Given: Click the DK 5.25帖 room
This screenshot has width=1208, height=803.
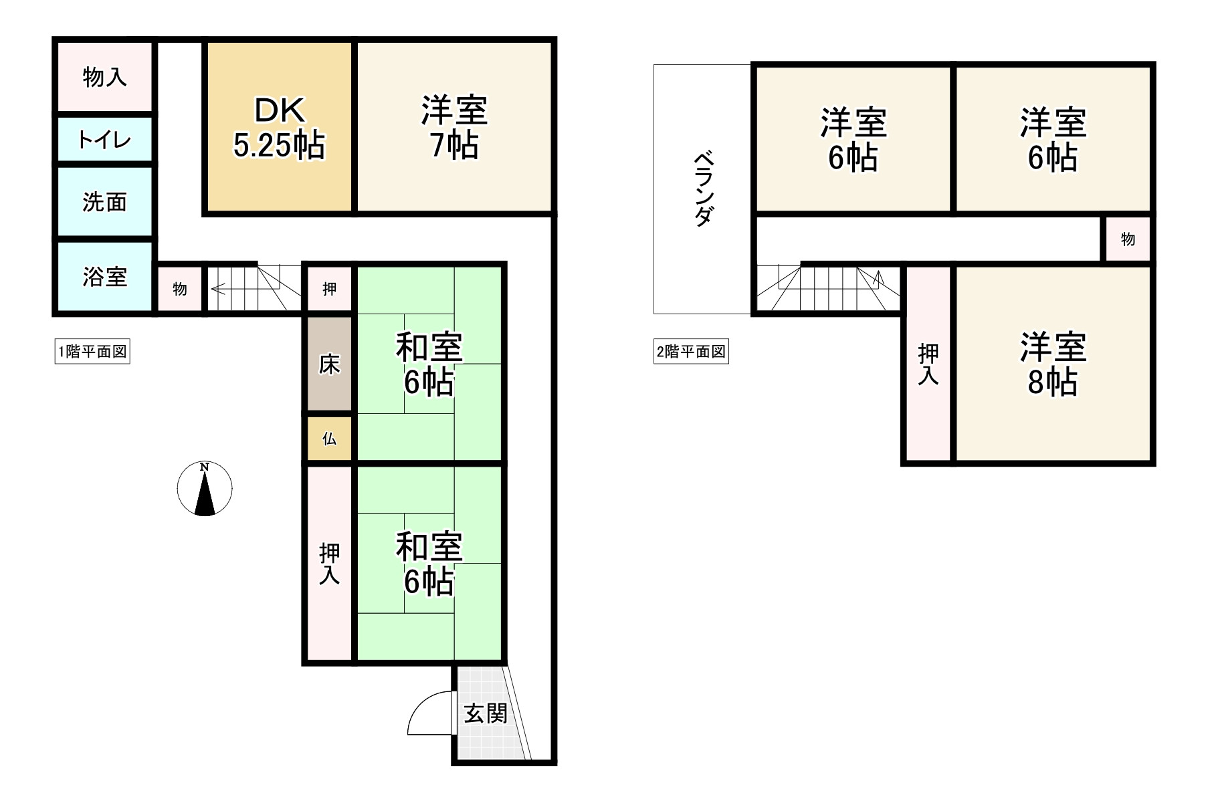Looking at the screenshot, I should [278, 127].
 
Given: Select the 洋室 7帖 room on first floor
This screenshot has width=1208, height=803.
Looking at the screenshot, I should [454, 127].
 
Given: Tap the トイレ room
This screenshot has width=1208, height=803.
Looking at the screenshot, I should [104, 140].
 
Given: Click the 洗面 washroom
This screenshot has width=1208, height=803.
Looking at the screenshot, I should [104, 201].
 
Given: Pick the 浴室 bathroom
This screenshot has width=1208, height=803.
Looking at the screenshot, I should [104, 276].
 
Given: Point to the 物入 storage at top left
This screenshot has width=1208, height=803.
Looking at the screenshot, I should [104, 77].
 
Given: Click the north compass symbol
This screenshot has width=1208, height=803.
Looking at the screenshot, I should [205, 489].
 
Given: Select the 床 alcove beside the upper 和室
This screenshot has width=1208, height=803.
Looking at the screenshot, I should [329, 364].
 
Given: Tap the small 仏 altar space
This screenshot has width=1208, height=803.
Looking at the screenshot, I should [329, 439].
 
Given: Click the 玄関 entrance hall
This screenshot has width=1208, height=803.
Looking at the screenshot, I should [484, 713].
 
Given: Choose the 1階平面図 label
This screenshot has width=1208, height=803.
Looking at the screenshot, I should [92, 352].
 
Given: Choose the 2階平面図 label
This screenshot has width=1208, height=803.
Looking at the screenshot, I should [691, 352].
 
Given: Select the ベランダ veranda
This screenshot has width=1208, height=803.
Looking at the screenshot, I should [702, 189].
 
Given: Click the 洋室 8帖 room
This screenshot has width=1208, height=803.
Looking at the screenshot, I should [1052, 364].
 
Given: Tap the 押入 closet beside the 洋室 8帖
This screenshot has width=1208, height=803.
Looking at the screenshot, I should [927, 364].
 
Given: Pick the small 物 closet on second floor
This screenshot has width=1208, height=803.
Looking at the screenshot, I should [1127, 239].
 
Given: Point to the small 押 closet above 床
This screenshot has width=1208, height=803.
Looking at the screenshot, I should [329, 289].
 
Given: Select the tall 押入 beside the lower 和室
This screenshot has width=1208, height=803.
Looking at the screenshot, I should [329, 564].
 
